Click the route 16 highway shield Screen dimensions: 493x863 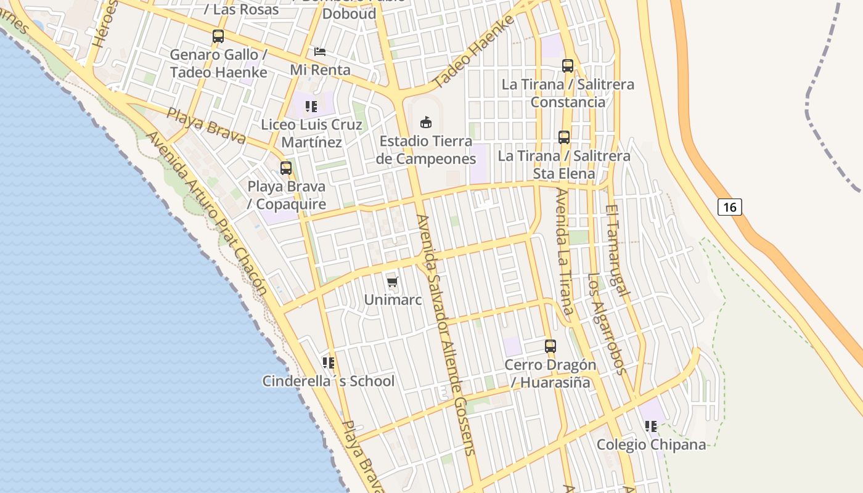[x=729, y=207]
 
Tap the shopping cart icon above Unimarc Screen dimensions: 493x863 [x=393, y=282]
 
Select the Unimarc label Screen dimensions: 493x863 [x=393, y=300]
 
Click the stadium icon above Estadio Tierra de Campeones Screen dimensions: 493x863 [x=426, y=122]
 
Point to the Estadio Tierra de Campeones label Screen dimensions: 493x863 [x=427, y=150]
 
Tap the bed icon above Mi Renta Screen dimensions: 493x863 [x=320, y=51]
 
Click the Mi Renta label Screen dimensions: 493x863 [x=320, y=70]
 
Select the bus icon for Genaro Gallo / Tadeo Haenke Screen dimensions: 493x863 [x=218, y=36]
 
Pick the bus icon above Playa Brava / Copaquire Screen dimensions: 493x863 [x=286, y=168]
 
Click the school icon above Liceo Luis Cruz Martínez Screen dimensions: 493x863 [x=311, y=107]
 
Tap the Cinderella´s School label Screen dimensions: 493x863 [x=329, y=381]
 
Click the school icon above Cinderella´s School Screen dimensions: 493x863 [x=329, y=363]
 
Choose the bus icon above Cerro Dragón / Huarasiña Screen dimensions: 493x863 [x=550, y=346]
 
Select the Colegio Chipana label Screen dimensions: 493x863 [x=651, y=445]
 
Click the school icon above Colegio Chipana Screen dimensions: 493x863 [x=651, y=426]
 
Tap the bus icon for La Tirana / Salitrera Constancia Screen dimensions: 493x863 [x=568, y=65]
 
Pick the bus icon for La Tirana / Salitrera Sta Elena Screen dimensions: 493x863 [x=564, y=137]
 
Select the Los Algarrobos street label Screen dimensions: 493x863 [x=607, y=324]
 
